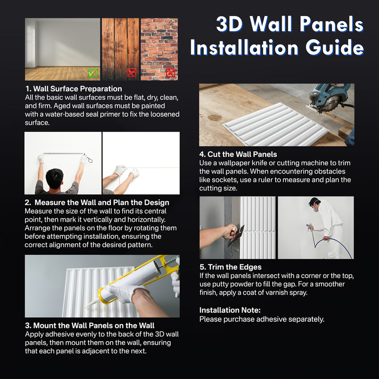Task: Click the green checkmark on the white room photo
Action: [x=92, y=72]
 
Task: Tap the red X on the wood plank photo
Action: [x=131, y=72]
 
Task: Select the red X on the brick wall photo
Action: [x=171, y=72]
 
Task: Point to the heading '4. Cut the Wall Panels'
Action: [x=238, y=154]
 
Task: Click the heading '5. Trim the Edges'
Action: [x=230, y=267]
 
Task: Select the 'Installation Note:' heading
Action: [x=230, y=310]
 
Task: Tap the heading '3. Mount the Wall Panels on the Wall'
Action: [x=90, y=325]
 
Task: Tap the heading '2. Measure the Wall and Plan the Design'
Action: [x=97, y=202]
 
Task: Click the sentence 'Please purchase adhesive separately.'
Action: [x=262, y=319]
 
